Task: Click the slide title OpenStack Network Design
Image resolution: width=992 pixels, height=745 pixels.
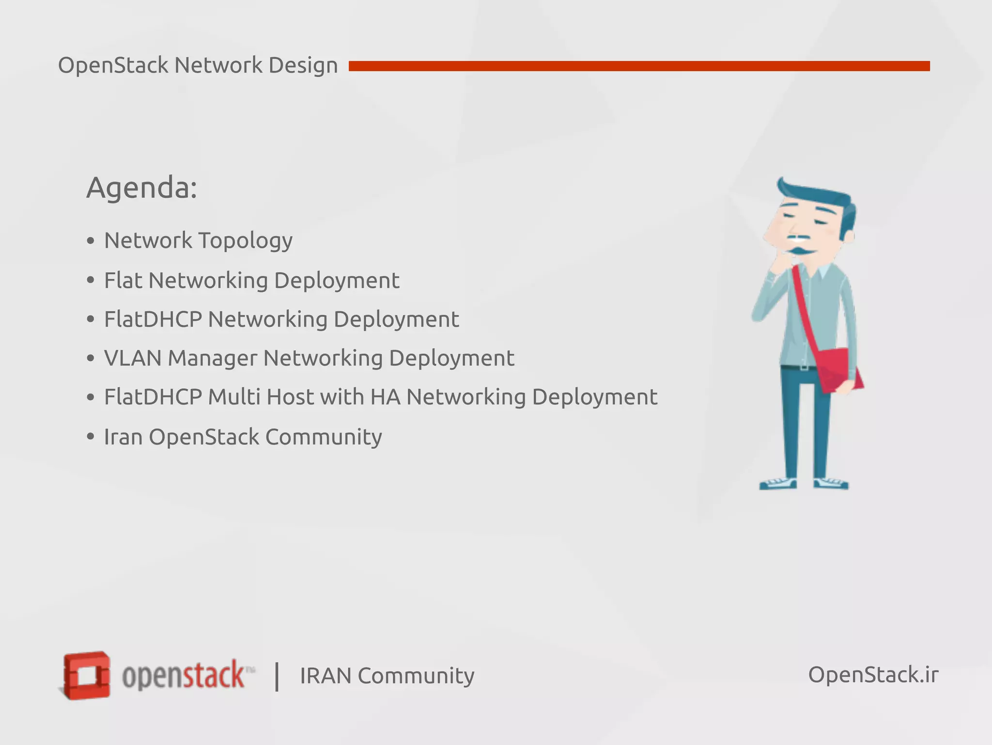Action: [198, 65]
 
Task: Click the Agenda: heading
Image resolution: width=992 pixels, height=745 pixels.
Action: [141, 188]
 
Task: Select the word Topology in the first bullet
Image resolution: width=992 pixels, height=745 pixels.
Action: [245, 241]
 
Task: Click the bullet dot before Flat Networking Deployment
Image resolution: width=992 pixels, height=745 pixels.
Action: [90, 280]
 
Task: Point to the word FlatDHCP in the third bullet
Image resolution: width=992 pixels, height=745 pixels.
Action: [153, 319]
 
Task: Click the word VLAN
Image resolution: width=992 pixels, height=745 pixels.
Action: [132, 358]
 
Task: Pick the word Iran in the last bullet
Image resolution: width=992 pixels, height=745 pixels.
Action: [123, 437]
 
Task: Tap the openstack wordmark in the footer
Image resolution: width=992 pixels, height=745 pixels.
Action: [184, 675]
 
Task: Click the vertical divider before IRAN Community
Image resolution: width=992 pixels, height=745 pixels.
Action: [277, 676]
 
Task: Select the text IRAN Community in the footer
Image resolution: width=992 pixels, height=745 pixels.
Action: [387, 676]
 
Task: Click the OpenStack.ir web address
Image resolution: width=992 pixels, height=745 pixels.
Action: [873, 675]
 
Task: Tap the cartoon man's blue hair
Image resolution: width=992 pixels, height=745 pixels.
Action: [823, 196]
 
